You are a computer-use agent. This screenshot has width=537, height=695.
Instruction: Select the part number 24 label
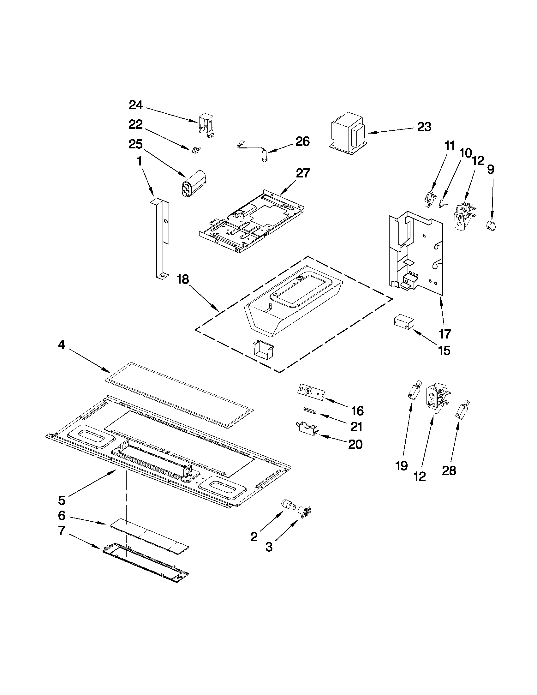[136, 105]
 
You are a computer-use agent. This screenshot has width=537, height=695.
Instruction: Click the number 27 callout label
[302, 173]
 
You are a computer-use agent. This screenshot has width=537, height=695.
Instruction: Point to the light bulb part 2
[288, 505]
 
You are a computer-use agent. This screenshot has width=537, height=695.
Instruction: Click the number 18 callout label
[183, 279]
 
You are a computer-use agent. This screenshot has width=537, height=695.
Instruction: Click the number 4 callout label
[61, 344]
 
